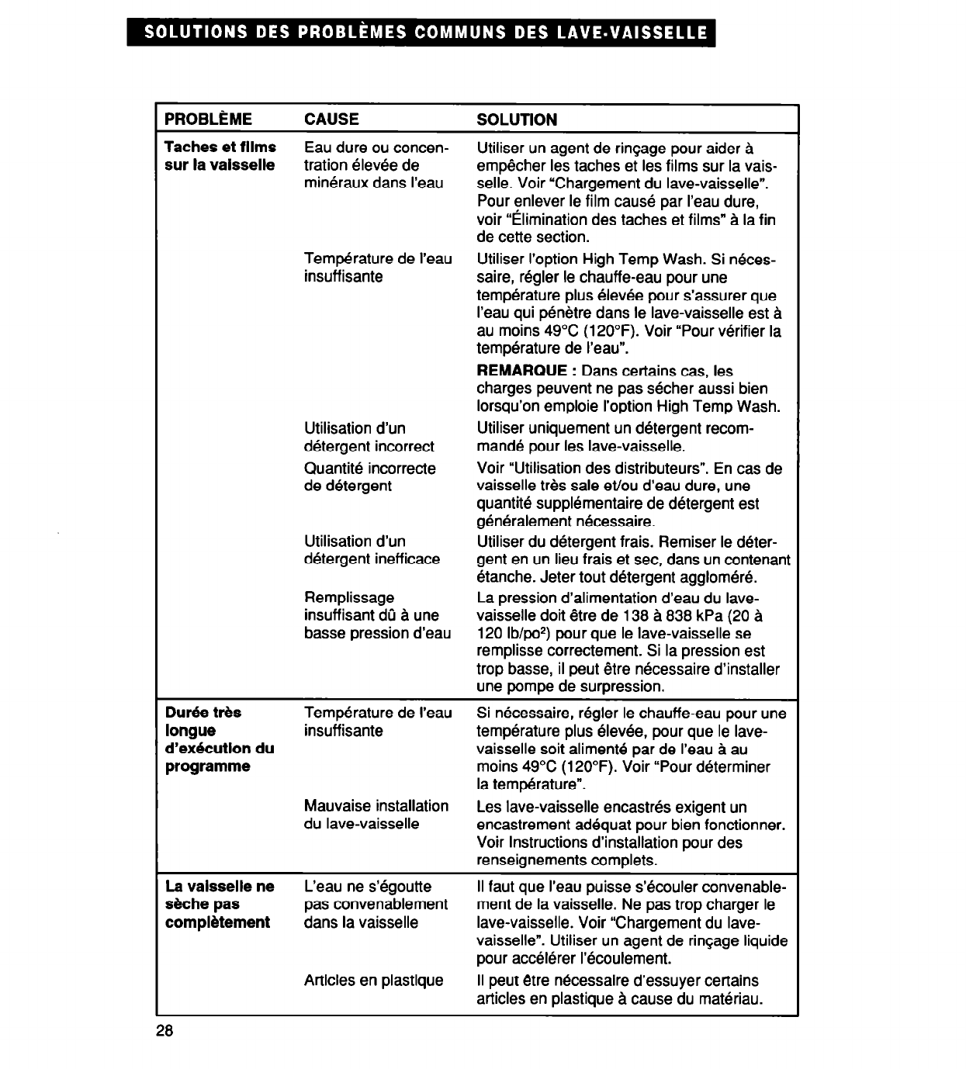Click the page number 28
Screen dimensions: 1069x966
tap(164, 1031)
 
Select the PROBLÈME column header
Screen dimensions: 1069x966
tap(208, 119)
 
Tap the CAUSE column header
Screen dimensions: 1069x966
tap(331, 119)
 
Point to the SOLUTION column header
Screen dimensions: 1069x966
tap(517, 119)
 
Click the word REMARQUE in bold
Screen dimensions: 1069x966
tap(522, 371)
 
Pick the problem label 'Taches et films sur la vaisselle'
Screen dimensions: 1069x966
tap(220, 156)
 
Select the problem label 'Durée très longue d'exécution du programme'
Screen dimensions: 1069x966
tap(220, 739)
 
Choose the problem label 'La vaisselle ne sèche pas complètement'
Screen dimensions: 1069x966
tap(220, 905)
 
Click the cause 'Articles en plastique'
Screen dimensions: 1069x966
tap(374, 981)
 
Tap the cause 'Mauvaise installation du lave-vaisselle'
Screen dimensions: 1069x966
tap(376, 815)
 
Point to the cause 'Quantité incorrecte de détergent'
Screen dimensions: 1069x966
tap(370, 477)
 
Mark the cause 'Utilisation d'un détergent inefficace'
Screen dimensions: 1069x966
tap(372, 550)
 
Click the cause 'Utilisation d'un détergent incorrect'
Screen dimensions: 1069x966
tap(369, 438)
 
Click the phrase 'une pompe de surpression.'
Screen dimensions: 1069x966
tap(570, 687)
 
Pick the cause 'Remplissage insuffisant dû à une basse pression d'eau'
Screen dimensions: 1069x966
tap(377, 615)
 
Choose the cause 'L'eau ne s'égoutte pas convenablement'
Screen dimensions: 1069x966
tap(376, 905)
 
